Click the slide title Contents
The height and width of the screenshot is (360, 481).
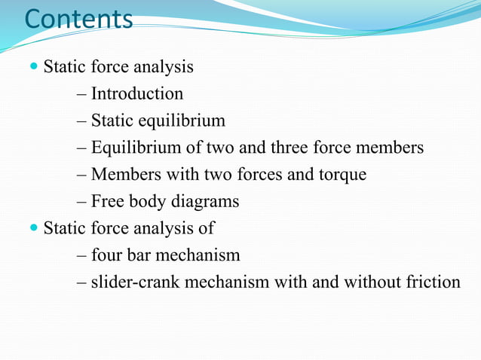point(78,18)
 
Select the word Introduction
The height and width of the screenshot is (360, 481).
point(136,94)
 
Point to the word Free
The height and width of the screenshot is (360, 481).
point(108,202)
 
